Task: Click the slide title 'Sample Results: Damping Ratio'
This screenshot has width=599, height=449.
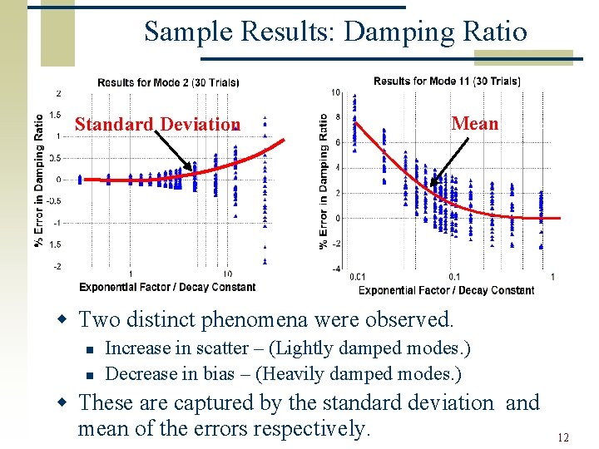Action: pyautogui.click(x=335, y=32)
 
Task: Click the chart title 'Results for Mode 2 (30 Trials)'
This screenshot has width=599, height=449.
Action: pyautogui.click(x=168, y=82)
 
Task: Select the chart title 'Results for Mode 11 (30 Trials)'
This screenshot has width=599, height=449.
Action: pyautogui.click(x=447, y=81)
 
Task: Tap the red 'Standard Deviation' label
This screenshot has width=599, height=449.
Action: pyautogui.click(x=157, y=125)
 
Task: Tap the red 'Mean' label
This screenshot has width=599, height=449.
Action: pyautogui.click(x=475, y=123)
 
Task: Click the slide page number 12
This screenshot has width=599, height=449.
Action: pyautogui.click(x=563, y=437)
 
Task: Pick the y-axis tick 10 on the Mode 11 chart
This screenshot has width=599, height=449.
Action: pyautogui.click(x=335, y=91)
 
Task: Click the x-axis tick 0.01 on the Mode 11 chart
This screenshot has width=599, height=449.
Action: pyautogui.click(x=358, y=277)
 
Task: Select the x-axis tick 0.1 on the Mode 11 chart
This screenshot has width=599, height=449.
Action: pyautogui.click(x=454, y=277)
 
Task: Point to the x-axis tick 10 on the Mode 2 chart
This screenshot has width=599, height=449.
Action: pyautogui.click(x=227, y=274)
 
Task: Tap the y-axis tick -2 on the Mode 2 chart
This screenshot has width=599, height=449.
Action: pyautogui.click(x=56, y=266)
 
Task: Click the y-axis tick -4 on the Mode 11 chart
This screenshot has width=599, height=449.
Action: pyautogui.click(x=335, y=269)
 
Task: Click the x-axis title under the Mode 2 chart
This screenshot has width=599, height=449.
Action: pyautogui.click(x=167, y=287)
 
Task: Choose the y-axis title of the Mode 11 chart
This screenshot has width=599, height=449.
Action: pyautogui.click(x=324, y=180)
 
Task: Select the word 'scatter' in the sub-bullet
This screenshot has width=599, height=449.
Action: pyautogui.click(x=220, y=348)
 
